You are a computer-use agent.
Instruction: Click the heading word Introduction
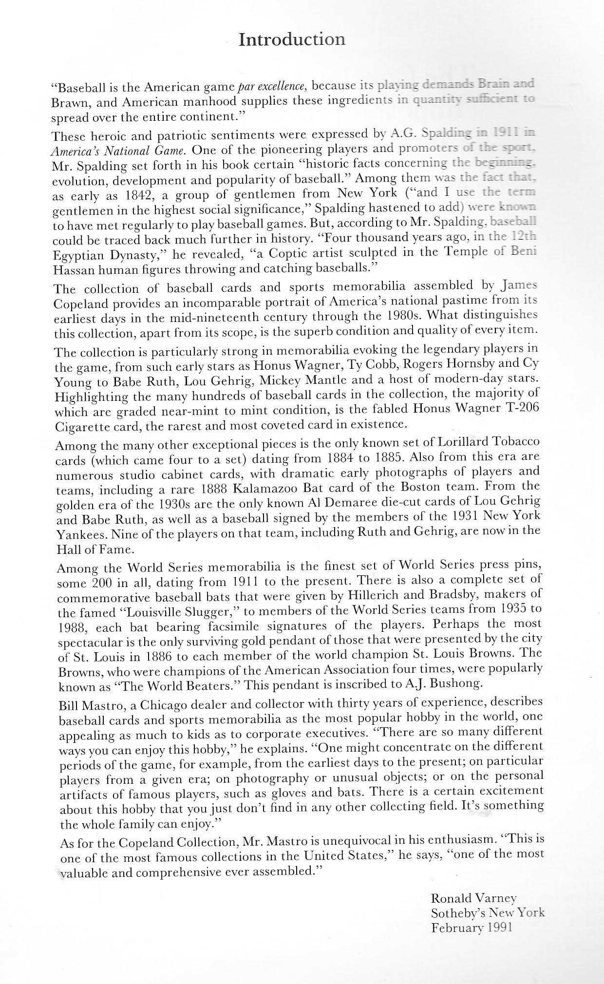[292, 39]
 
